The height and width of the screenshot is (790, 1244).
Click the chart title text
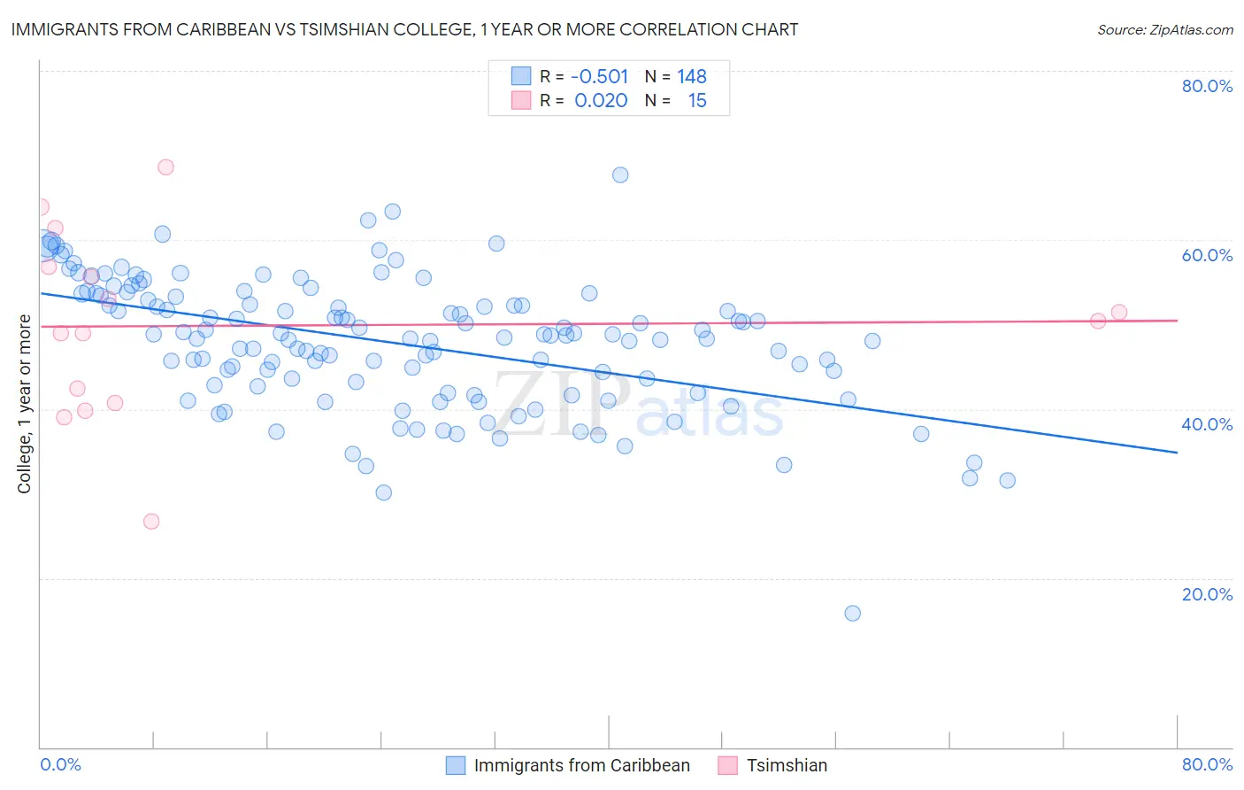pos(404,29)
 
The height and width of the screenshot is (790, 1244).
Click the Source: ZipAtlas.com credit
pos(1164,29)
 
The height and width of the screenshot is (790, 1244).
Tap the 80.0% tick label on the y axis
pos(1207,86)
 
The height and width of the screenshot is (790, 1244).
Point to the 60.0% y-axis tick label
pos(1207,255)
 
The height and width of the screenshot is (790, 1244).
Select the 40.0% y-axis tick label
pos(1207,424)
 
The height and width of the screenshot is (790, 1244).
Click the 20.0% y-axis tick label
pos(1207,594)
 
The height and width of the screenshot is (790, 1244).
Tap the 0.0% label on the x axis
pos(60,764)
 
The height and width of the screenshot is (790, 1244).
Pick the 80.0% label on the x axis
pos(1207,764)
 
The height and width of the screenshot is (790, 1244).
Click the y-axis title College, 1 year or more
pos(25,404)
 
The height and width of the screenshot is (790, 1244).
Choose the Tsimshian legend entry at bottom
pos(787,765)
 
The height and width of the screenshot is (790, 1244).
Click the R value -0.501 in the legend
pos(601,77)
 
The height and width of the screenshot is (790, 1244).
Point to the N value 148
pos(692,77)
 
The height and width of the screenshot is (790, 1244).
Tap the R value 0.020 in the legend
pos(601,101)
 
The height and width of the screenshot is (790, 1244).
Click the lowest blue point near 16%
pos(852,613)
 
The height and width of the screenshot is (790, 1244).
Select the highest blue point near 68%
pos(620,174)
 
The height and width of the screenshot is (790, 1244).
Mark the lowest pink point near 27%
pos(151,522)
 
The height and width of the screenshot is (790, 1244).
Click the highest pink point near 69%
pos(165,167)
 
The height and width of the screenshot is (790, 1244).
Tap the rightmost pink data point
pos(1118,312)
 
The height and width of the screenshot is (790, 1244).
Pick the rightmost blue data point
pos(1007,480)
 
